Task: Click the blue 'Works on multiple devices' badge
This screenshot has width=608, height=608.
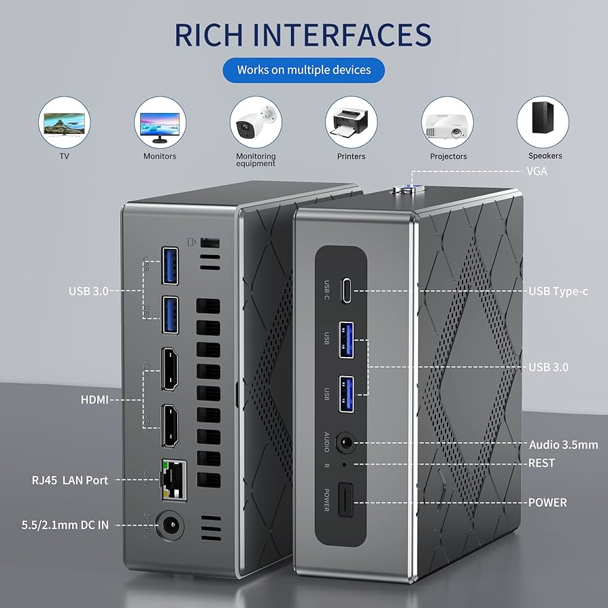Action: (303, 70)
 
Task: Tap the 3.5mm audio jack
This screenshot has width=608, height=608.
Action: (347, 443)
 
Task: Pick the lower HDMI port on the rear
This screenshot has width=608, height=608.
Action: (172, 426)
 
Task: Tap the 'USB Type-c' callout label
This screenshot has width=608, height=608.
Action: (558, 291)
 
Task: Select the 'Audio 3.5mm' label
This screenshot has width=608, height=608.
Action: (563, 445)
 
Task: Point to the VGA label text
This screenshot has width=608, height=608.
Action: (537, 171)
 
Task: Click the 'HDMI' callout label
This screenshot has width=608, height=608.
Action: (95, 400)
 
